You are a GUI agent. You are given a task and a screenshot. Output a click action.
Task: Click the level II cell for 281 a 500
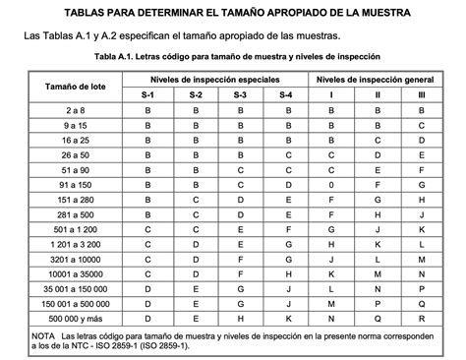[x=377, y=213]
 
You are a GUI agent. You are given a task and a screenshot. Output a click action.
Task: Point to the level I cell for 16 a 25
[x=332, y=140]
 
